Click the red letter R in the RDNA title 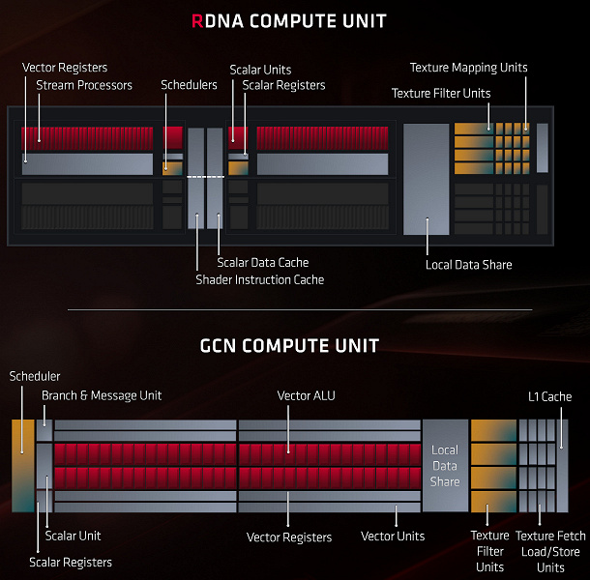199,21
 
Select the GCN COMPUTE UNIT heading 289,345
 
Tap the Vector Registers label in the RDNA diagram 65,68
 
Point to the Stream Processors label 84,86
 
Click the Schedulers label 189,86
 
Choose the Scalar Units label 260,70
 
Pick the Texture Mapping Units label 469,68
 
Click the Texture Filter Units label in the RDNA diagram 441,94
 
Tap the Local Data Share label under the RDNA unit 468,265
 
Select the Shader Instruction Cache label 259,280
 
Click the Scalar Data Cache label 263,263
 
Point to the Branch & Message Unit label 102,395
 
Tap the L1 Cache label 549,396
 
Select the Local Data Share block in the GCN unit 445,466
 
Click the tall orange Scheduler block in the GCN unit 21,465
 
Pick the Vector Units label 393,536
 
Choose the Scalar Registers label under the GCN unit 71,562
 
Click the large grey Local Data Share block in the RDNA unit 426,179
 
